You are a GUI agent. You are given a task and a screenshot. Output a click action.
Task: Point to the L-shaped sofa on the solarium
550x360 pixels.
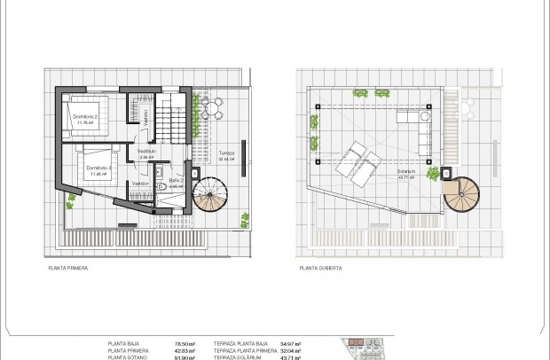417,123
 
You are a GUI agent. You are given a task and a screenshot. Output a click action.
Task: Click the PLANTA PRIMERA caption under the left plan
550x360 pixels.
74,266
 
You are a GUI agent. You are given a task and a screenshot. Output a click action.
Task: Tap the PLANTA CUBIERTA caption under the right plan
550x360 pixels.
321,266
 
